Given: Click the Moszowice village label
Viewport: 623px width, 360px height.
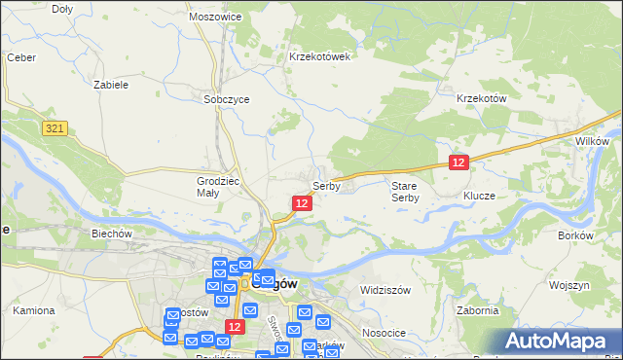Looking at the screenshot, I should pos(216,18).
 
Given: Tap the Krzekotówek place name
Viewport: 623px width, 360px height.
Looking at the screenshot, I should pos(319,56).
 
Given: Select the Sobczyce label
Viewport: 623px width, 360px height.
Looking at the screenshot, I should pos(227,99).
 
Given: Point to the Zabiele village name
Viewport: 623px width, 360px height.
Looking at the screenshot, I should pos(111,85).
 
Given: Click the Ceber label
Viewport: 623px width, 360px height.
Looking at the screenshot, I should pos(21,57).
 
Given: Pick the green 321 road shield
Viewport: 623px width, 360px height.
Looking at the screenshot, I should pos(55,127).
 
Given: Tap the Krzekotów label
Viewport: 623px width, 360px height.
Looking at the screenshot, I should pos(483,99).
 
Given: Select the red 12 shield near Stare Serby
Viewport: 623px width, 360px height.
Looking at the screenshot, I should pos(459,163).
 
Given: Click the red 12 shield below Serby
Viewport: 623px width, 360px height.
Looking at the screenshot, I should pos(302,202).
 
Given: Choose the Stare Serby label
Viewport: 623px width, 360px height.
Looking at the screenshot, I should pos(405,191).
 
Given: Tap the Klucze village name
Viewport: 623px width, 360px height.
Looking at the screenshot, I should pos(480,196).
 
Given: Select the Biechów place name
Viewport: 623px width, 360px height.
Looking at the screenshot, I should pos(112,234).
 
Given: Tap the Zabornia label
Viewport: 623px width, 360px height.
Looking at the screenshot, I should pos(477,310).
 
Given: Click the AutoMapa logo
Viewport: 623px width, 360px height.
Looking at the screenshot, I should pos(558,341).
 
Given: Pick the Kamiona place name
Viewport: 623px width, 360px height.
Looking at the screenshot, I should pos(33,310).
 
